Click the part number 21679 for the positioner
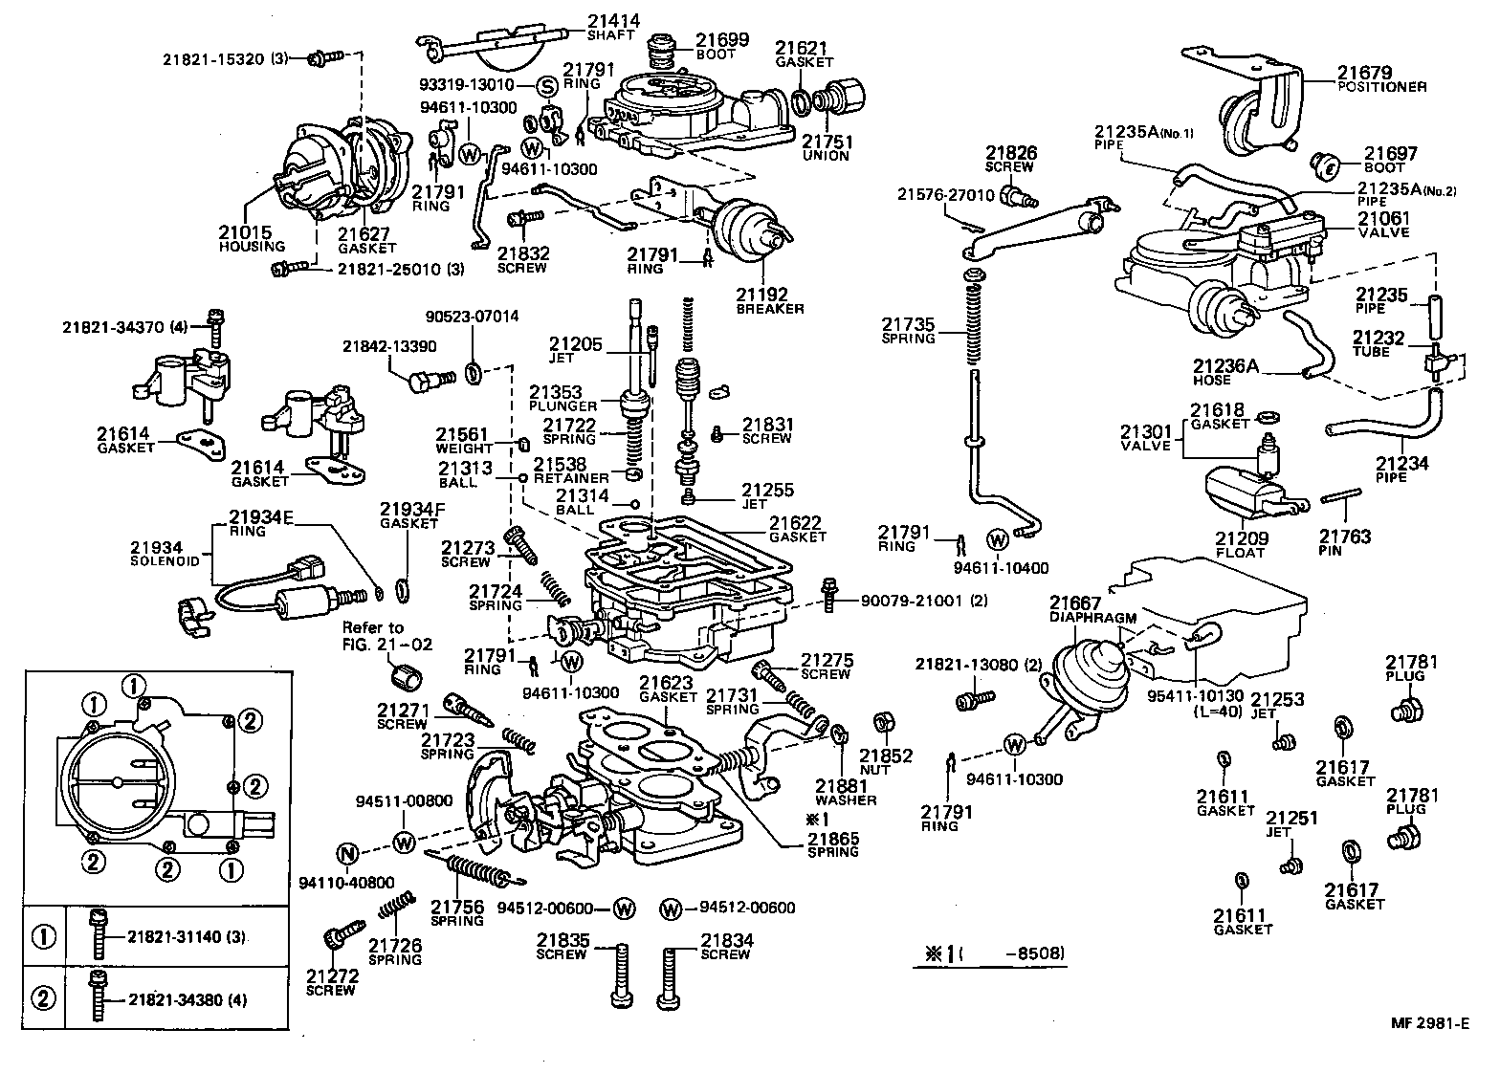tap(1364, 72)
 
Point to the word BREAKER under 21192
tap(770, 309)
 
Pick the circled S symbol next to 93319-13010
tap(547, 86)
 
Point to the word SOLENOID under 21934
tap(165, 561)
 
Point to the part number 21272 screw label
tap(332, 975)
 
